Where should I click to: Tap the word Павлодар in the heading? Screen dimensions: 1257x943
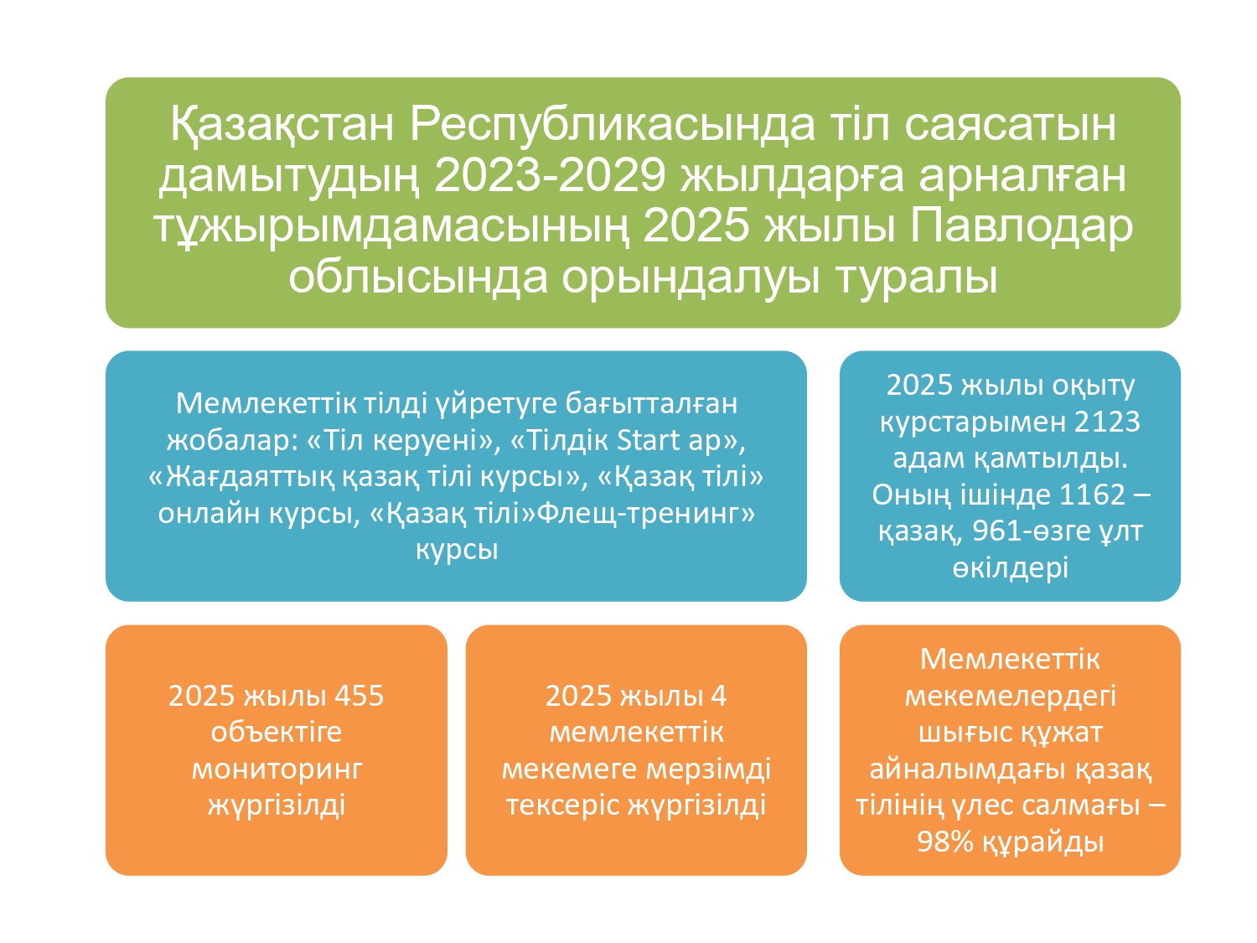tap(1021, 226)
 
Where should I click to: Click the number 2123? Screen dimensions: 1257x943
tap(1107, 422)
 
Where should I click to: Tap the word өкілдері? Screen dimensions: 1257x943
tap(1010, 567)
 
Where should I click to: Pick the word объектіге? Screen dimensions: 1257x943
tap(276, 733)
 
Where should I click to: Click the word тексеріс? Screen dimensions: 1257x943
tap(564, 806)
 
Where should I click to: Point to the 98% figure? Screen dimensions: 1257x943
tap(947, 842)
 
